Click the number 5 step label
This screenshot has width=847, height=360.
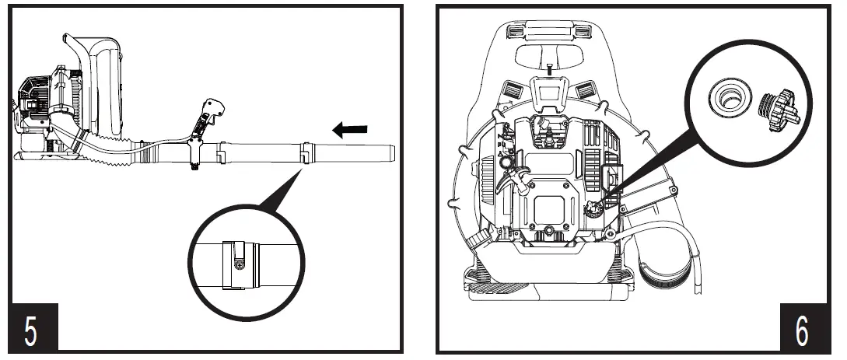[30, 330]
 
